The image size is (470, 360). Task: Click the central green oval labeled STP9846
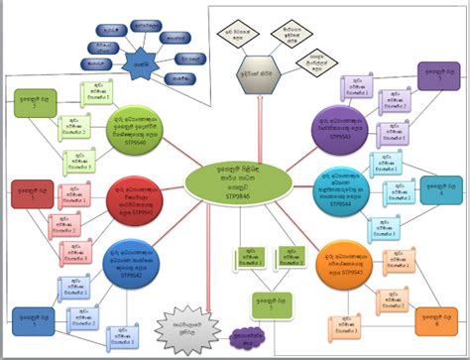pyautogui.click(x=235, y=180)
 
